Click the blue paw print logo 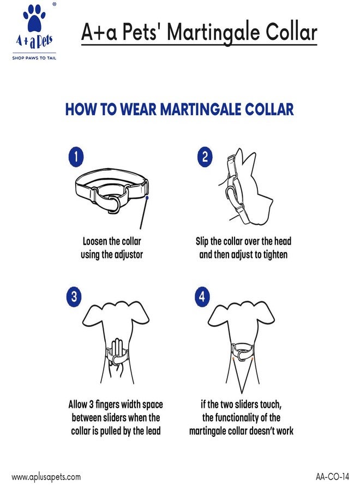click(x=34, y=19)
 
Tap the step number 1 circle click(x=76, y=157)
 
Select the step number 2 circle click(x=205, y=157)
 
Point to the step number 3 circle click(x=74, y=296)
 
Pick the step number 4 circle click(x=202, y=296)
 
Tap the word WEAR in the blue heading click(x=138, y=109)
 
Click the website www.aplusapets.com click(x=46, y=477)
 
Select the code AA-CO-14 click(x=332, y=477)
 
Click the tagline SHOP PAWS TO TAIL click(x=34, y=58)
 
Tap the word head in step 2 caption click(x=283, y=241)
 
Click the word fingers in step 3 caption click(x=107, y=405)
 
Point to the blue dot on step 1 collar click(x=147, y=197)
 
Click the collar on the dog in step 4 click(x=242, y=352)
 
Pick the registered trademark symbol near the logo click(x=54, y=4)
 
